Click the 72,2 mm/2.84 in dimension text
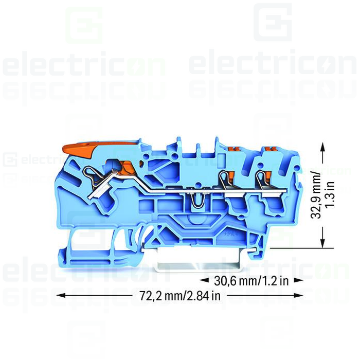pos(179,296)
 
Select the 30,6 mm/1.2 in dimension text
pos(251,281)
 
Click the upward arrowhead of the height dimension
pos(323,147)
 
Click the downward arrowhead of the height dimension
pos(323,244)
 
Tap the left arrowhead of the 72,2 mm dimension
pos(60,296)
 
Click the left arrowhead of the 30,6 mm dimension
pos(204,281)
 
